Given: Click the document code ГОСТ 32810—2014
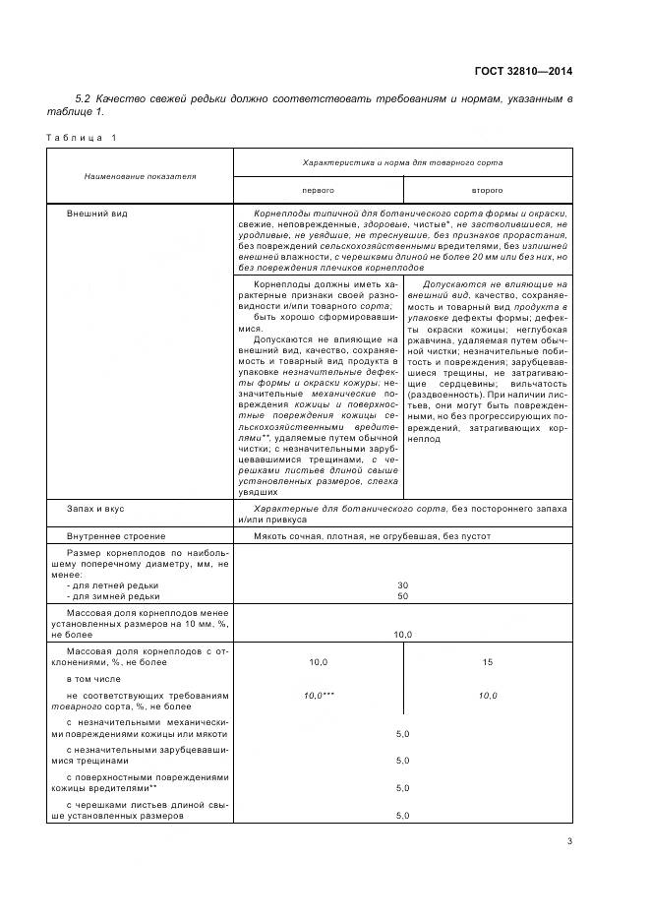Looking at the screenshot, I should coord(525,71).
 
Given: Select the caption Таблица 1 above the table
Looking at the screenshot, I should coord(82,137).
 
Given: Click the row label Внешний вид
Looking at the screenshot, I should coord(96,213).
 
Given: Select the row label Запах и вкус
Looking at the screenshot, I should coord(95,509).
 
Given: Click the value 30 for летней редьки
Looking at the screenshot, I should coord(402,584).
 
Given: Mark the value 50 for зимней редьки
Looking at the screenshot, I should coord(402,596).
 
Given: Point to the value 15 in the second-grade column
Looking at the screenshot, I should coord(487,662).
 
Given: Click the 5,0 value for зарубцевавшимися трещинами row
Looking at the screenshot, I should coord(402,761).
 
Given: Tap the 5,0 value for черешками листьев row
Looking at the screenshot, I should coord(402,816).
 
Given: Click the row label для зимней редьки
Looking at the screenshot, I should coord(112,596).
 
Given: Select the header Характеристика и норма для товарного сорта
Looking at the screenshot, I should coord(402,158).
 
